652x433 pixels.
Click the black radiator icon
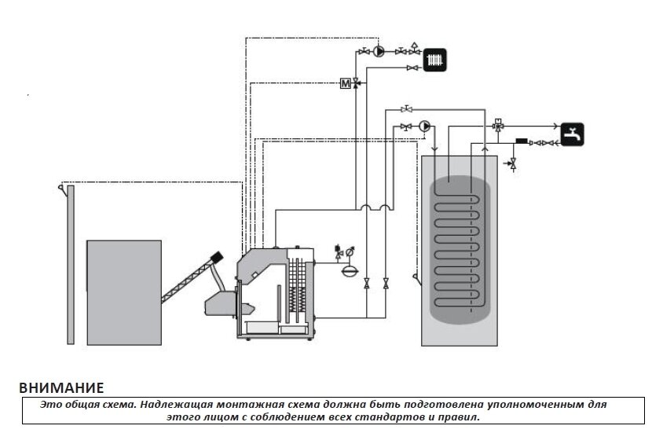click(434, 60)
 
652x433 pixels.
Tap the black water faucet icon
click(572, 134)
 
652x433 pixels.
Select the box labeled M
click(346, 83)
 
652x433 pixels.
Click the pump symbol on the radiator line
click(379, 52)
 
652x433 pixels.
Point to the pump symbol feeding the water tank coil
click(424, 126)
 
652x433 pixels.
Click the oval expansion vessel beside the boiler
click(350, 271)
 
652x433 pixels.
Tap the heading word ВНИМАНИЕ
click(61, 387)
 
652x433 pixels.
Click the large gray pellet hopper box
click(124, 292)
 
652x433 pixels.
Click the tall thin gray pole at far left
click(71, 265)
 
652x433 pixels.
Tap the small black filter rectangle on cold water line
click(522, 141)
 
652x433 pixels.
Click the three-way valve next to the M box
click(356, 83)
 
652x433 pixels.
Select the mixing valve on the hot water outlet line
click(498, 126)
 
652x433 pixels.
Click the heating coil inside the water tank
click(457, 250)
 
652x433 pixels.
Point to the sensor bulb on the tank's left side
click(416, 278)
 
